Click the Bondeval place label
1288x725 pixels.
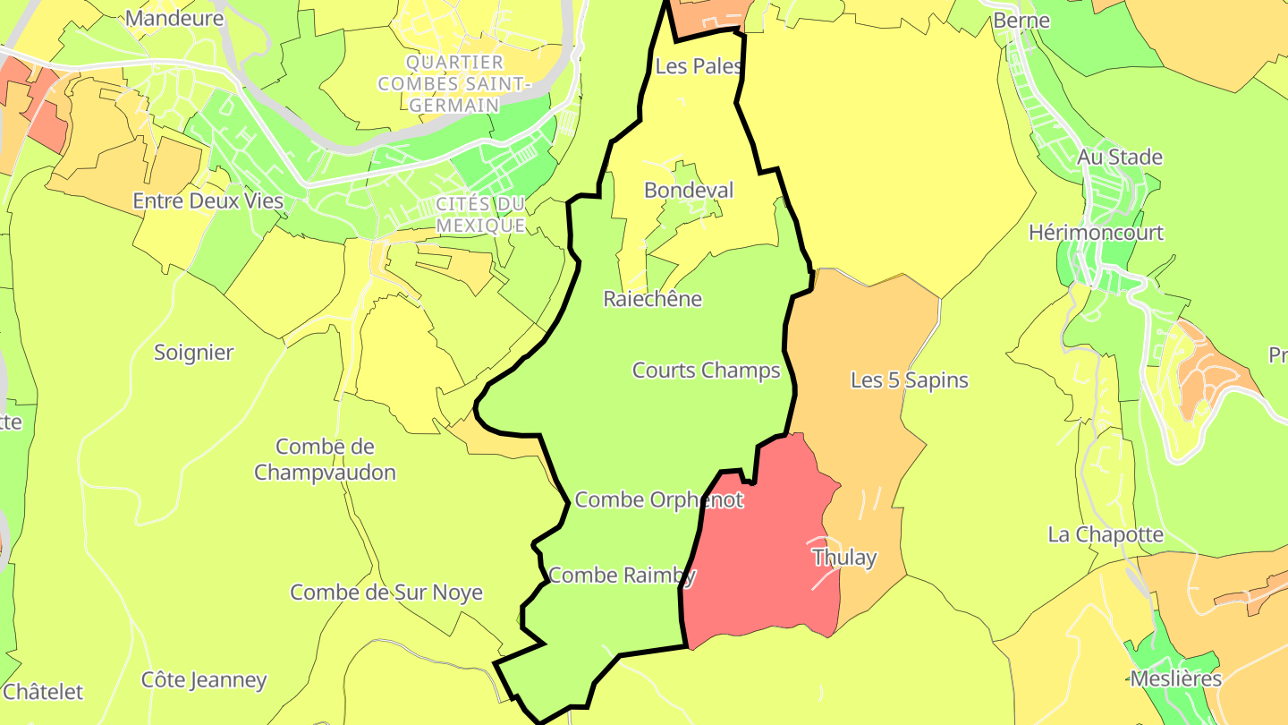pos(689,191)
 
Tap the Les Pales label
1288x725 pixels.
pos(699,66)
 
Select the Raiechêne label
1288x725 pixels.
pos(653,299)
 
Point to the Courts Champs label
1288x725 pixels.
pos(707,371)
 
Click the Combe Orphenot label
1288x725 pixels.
pos(658,500)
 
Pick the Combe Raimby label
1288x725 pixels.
pos(623,576)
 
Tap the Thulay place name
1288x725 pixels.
pos(844,559)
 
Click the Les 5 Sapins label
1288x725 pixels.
pos(909,380)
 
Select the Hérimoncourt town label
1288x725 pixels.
pos(1096,233)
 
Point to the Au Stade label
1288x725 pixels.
pos(1120,158)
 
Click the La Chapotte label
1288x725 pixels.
pos(1106,535)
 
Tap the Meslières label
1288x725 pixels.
pos(1175,678)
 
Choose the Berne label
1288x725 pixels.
pos(1021,20)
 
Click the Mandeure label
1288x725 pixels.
pos(174,18)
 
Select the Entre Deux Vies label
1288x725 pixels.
pos(208,201)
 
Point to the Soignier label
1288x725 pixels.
pos(194,353)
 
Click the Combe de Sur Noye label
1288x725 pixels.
pos(386,593)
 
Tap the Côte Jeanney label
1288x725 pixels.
pos(204,680)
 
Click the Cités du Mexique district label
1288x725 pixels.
pos(480,215)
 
